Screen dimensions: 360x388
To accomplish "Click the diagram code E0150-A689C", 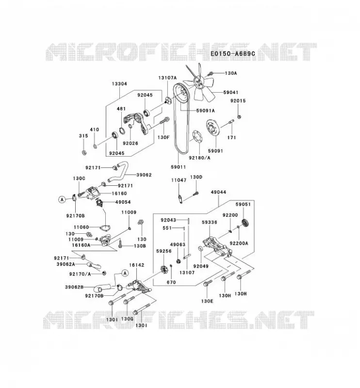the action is (232, 54).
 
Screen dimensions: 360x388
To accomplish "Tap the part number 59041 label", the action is (231, 92).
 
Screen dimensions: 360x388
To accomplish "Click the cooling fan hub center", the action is (198, 82).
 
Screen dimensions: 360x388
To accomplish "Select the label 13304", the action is (119, 83).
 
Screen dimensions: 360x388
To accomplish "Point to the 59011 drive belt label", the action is (178, 167).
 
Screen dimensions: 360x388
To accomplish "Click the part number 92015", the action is (238, 101).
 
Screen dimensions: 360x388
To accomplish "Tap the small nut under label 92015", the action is (239, 116).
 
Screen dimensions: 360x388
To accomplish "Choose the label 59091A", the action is (206, 111).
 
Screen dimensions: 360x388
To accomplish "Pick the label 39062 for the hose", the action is (144, 175).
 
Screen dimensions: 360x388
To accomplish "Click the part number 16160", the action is (119, 193).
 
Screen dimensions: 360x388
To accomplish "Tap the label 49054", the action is (123, 202).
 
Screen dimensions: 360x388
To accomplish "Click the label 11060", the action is (82, 227).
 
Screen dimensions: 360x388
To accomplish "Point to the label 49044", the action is (218, 192).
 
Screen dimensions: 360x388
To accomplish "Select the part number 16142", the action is (137, 265).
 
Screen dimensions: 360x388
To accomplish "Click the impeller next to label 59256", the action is (164, 269).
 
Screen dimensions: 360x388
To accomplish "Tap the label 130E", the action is (207, 301).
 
